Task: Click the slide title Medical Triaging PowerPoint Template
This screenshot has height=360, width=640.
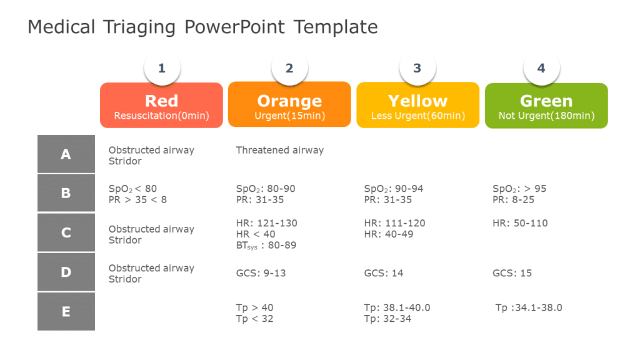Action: [x=202, y=27]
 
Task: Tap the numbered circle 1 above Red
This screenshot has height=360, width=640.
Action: [x=162, y=68]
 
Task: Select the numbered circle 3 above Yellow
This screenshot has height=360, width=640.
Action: [x=417, y=68]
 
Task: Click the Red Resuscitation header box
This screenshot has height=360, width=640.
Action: [x=161, y=106]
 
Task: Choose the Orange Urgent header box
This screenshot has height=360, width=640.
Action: [x=289, y=105]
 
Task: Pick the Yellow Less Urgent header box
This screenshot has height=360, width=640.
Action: [x=417, y=106]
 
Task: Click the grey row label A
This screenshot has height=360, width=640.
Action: [x=66, y=154]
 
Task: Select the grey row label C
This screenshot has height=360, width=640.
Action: [x=66, y=232]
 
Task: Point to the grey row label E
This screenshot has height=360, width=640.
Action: [x=66, y=311]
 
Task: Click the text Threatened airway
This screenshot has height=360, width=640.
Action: [x=279, y=150]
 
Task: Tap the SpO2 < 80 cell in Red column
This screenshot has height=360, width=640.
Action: [x=132, y=189]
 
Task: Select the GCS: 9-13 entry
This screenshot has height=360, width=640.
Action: [x=261, y=273]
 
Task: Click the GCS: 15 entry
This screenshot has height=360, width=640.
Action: [x=512, y=273]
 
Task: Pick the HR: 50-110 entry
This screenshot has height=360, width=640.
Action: [x=520, y=223]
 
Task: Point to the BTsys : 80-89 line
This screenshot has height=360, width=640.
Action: [x=266, y=246]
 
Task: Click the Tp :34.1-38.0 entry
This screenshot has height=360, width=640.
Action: [x=528, y=307]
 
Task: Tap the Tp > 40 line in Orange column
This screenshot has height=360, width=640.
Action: [x=254, y=307]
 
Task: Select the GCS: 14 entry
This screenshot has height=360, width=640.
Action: [x=384, y=273]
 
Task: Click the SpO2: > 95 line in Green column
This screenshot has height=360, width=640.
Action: [x=519, y=189]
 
